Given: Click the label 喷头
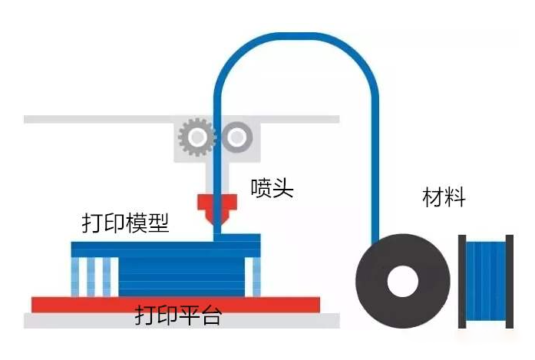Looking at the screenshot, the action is point(272,188).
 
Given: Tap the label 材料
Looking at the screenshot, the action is point(444,197).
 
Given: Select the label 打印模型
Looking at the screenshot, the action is point(126,223).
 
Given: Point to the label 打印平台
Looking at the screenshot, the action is point(178,315).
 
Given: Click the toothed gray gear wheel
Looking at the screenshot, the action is point(197,137).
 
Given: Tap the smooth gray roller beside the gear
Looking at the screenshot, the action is point(237,137).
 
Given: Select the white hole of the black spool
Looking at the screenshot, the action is point(403,282).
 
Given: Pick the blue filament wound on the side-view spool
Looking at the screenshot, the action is point(486,281).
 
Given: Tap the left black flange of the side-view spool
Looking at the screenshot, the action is point(462,282).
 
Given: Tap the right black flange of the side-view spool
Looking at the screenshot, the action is point(510,282).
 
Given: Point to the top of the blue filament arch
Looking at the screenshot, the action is point(296,36).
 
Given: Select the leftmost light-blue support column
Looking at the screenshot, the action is point(74,277).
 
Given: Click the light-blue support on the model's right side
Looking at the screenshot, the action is point(256,277).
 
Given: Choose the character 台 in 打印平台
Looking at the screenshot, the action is point(212,315).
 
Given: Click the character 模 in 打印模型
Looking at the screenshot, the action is point(137,223).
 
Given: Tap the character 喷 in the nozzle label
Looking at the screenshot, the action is point(261,188).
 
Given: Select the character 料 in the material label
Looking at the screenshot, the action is point(455,197).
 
